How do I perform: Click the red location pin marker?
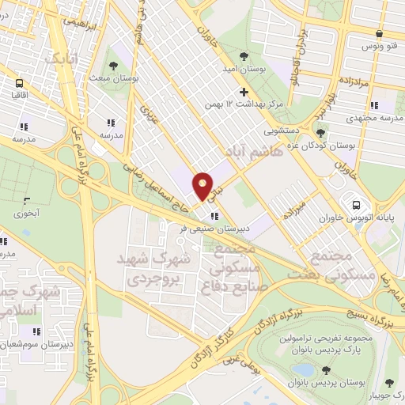203,185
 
